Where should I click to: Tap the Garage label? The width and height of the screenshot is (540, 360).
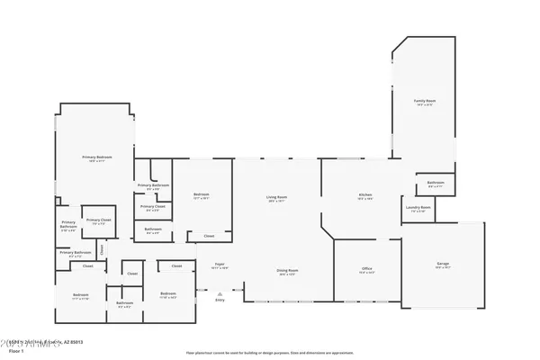coord(442,265)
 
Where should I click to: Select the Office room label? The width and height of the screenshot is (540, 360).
coord(368,269)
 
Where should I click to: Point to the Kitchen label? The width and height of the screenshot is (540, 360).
coord(365,194)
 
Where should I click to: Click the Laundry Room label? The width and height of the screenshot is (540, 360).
coord(418,208)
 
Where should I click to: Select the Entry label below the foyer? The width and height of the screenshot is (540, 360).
coord(220,300)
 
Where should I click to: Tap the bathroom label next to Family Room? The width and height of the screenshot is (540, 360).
coord(436,183)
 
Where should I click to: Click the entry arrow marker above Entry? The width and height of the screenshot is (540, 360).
coord(220,292)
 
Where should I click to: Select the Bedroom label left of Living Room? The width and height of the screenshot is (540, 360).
coord(202,195)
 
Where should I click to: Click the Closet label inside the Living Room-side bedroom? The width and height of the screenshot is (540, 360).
coord(209,237)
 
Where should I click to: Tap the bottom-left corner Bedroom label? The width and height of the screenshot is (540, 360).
coord(81,294)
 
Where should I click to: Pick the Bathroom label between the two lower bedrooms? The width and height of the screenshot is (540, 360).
coord(124,303)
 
